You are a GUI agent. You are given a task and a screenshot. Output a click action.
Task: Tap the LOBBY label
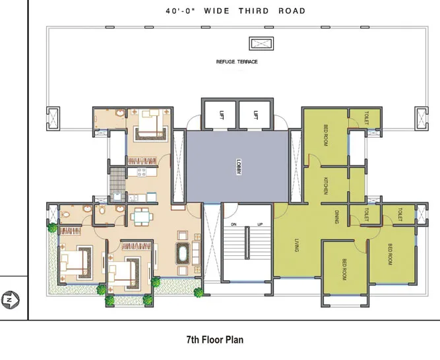point(237,166)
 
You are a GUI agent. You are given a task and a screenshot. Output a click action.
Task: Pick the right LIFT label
point(255,115)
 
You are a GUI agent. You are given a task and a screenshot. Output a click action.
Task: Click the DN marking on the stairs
point(233,224)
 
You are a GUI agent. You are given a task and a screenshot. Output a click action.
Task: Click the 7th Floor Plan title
point(215,340)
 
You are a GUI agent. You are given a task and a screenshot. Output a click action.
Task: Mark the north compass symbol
point(9,300)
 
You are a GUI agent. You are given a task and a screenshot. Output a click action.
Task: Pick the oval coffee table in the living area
point(181,254)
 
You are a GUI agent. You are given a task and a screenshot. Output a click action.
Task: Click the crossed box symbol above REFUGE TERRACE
point(256,44)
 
